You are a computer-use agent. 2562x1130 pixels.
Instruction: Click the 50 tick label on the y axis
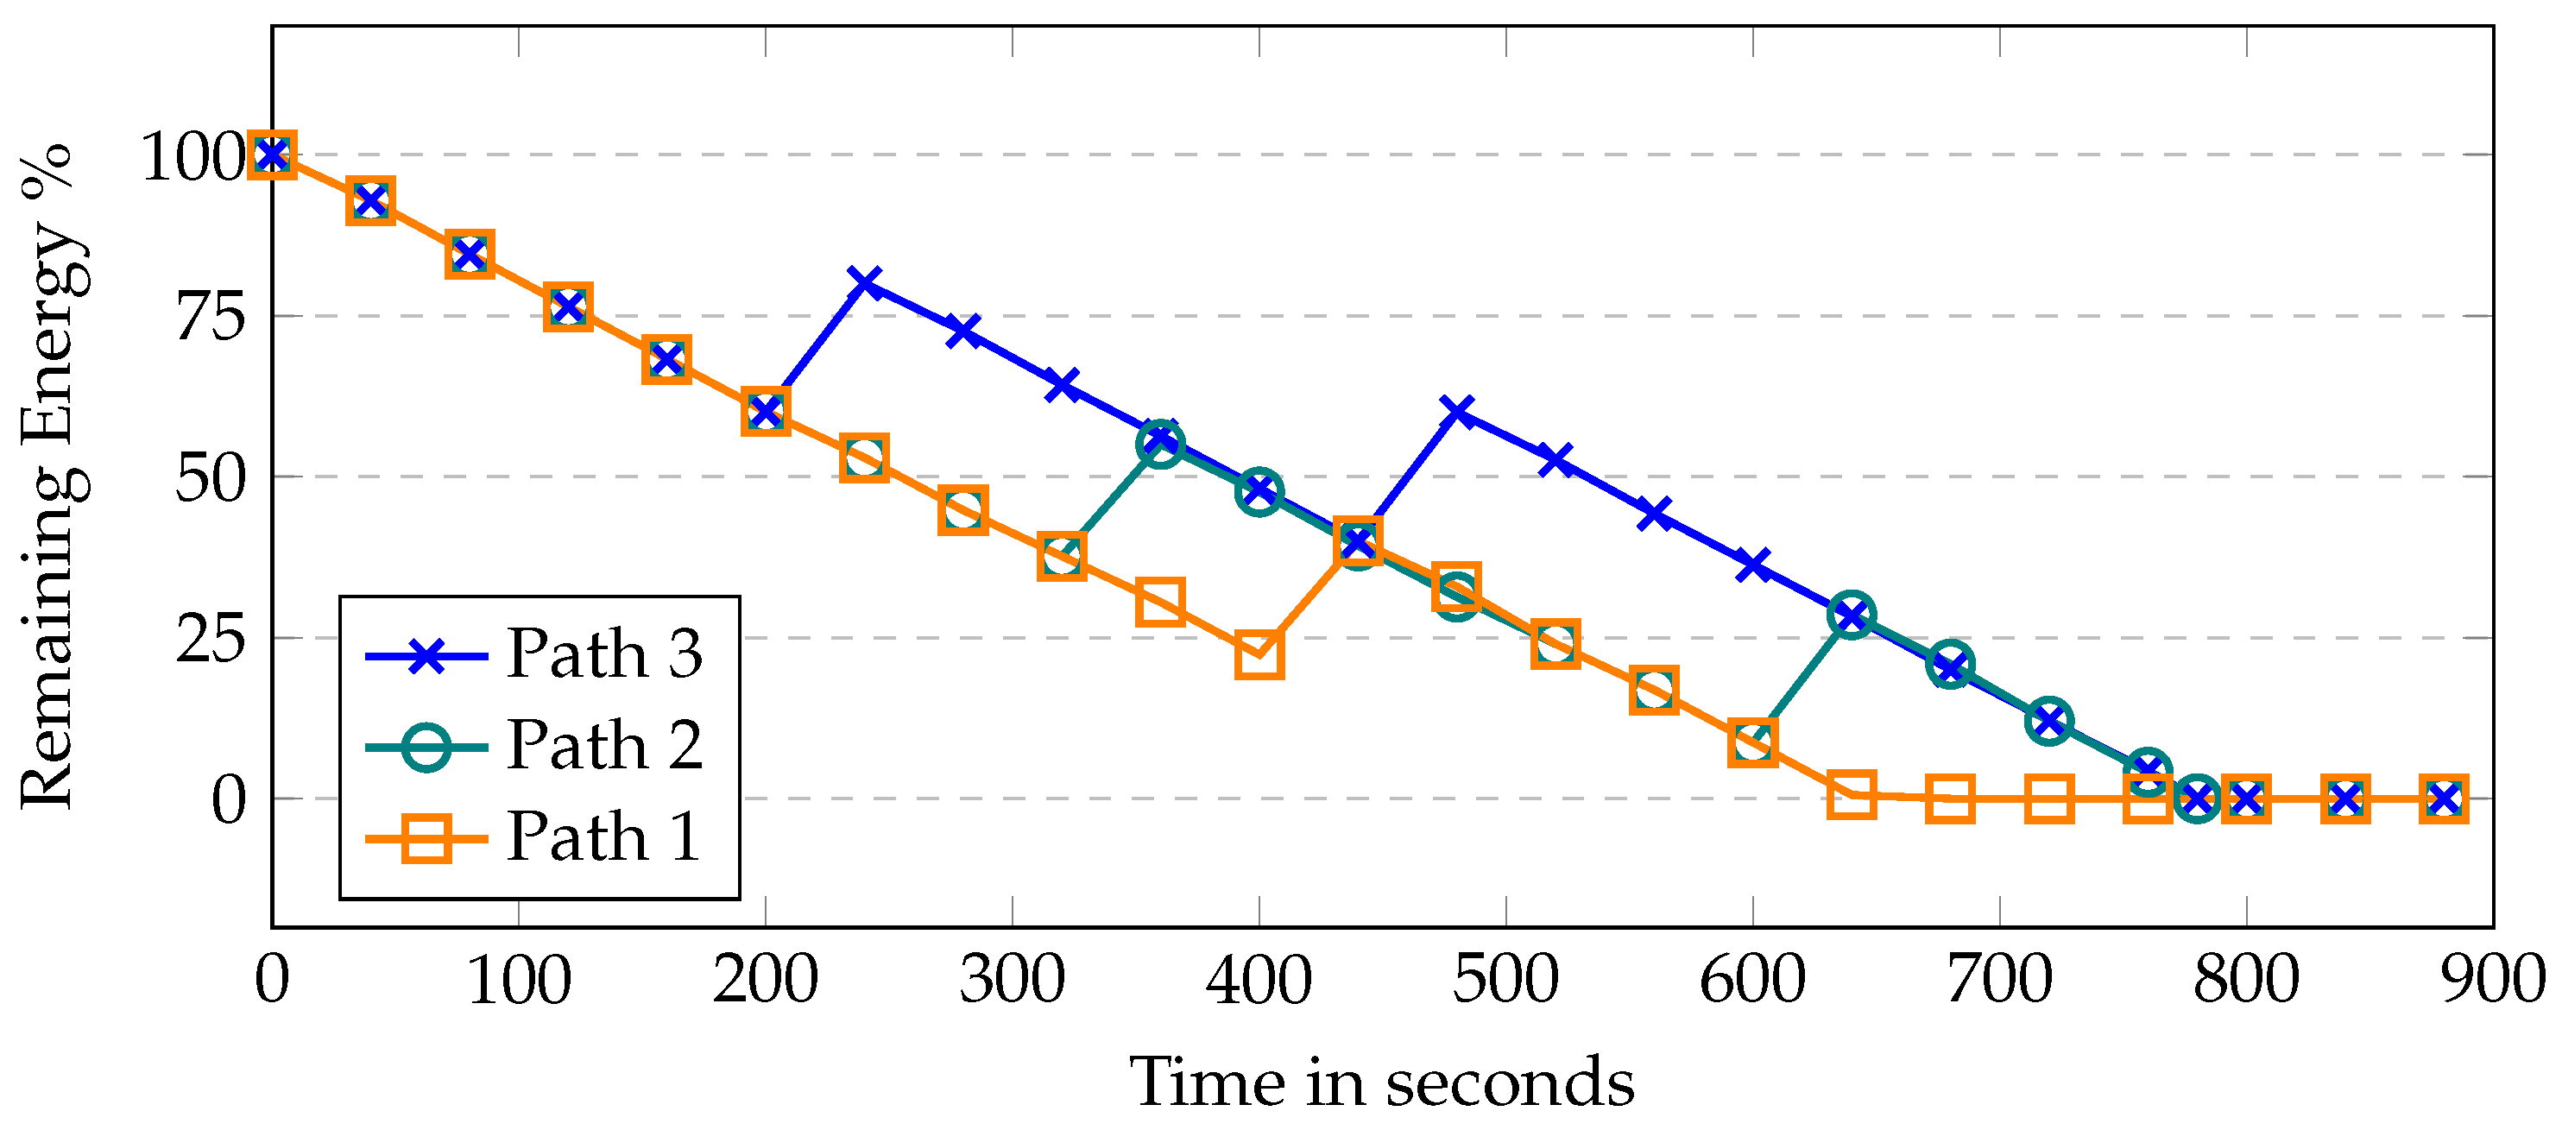(x=211, y=478)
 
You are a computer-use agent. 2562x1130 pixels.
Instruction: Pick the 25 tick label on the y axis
(x=211, y=640)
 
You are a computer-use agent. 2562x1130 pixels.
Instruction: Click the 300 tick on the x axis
(x=1012, y=980)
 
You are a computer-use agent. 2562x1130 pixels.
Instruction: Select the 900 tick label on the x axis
(x=2492, y=980)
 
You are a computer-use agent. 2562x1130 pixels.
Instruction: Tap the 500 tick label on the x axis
(x=1505, y=980)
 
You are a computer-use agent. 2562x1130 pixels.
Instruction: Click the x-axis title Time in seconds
(x=1381, y=1083)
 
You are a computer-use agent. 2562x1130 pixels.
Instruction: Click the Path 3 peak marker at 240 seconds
(x=865, y=282)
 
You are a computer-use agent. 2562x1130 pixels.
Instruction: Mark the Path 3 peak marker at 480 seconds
(x=1457, y=411)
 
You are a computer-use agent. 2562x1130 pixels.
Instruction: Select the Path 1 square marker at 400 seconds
(x=1259, y=654)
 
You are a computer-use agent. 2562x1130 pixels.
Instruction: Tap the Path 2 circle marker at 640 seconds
(x=1851, y=616)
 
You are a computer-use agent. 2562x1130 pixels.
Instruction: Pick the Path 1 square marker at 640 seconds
(x=1851, y=794)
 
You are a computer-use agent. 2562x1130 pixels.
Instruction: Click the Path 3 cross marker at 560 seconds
(x=1654, y=514)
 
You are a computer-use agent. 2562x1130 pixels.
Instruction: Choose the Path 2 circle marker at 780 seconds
(x=2197, y=799)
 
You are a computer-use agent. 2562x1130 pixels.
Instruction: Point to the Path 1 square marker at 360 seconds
(x=1159, y=603)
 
